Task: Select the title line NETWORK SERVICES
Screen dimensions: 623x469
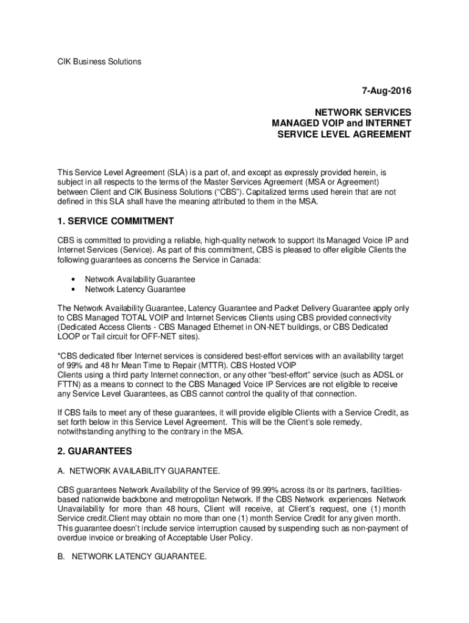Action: [363, 113]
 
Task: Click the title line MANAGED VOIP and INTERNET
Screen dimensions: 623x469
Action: [342, 124]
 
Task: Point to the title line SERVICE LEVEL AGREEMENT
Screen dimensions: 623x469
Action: [344, 134]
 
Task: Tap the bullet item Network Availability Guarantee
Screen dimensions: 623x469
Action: [140, 279]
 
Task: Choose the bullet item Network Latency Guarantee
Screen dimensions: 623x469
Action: [135, 290]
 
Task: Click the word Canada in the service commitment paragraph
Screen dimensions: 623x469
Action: [246, 259]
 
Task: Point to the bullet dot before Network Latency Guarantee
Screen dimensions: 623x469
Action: [73, 290]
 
